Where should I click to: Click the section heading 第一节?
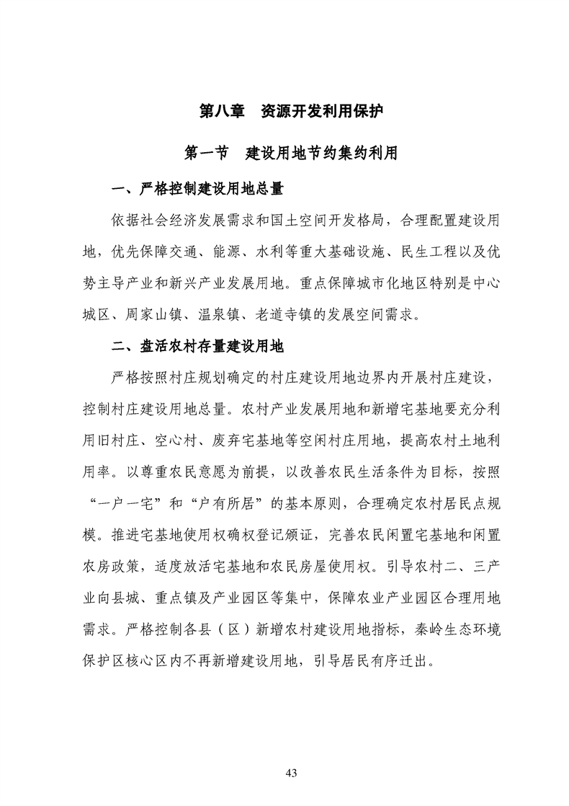point(207,153)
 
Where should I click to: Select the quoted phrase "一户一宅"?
point(119,502)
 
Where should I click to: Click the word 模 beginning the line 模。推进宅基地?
point(91,534)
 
